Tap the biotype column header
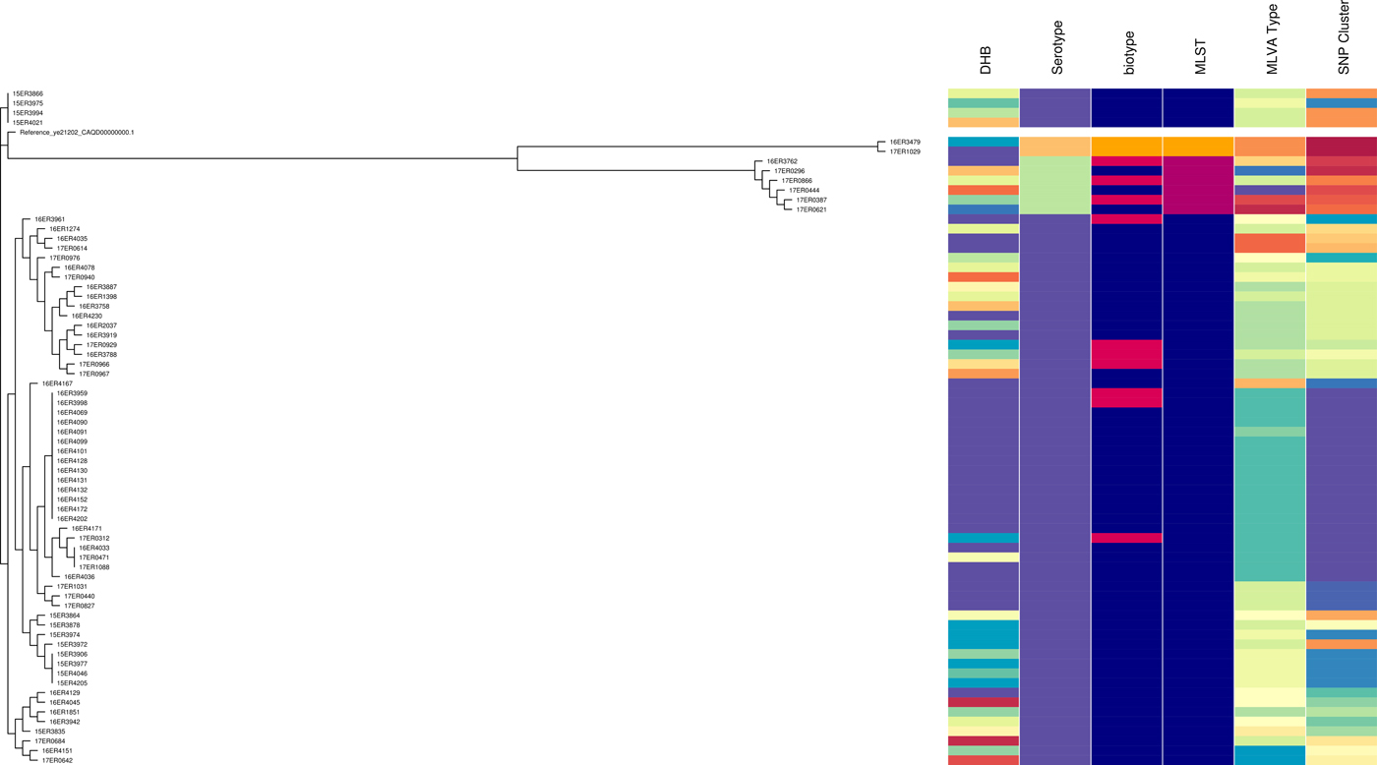[x=1128, y=55]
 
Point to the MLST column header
[x=1199, y=57]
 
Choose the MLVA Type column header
[x=1272, y=46]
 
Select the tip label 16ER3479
[x=904, y=142]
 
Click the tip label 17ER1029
[x=904, y=151]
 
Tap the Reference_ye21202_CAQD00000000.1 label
[x=77, y=132]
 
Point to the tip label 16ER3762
[x=781, y=161]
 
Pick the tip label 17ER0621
[x=810, y=209]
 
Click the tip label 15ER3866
[x=28, y=93]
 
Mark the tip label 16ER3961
[x=50, y=219]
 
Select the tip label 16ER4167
[x=57, y=383]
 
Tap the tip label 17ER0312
[x=94, y=539]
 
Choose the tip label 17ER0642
[x=57, y=760]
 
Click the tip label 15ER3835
[x=50, y=732]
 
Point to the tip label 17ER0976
[x=65, y=258]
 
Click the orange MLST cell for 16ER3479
[x=1198, y=147]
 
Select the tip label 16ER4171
[x=87, y=529]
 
